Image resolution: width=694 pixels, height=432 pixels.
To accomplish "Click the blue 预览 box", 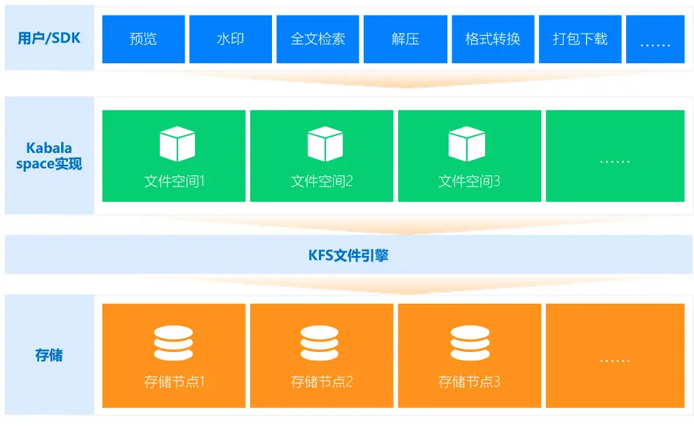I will [144, 39].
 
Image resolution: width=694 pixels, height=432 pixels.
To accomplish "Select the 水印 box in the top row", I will [231, 39].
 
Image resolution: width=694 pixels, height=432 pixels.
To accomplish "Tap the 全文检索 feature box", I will [318, 39].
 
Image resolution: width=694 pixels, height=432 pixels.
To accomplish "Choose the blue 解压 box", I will [405, 39].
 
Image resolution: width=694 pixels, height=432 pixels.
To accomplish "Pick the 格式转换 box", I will [493, 39].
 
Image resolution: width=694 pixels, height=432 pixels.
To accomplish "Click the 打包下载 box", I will [580, 39].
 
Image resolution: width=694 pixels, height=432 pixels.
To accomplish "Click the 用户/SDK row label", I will [49, 38].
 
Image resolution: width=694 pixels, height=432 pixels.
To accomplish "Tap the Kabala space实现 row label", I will [49, 156].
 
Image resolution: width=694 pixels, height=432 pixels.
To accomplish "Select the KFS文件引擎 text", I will [348, 255].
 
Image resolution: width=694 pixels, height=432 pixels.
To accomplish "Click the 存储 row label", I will [49, 355].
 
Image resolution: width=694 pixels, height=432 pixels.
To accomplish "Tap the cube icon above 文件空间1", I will [177, 144].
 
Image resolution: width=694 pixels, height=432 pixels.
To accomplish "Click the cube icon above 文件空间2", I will [325, 144].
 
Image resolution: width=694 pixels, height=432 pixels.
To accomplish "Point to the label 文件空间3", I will [469, 182].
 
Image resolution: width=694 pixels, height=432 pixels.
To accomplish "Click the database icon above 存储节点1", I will [173, 344].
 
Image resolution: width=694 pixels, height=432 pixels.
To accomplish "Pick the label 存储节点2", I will [322, 382].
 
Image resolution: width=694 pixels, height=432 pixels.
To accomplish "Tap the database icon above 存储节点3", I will [470, 344].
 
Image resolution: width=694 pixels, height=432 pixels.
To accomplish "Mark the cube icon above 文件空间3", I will [466, 144].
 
